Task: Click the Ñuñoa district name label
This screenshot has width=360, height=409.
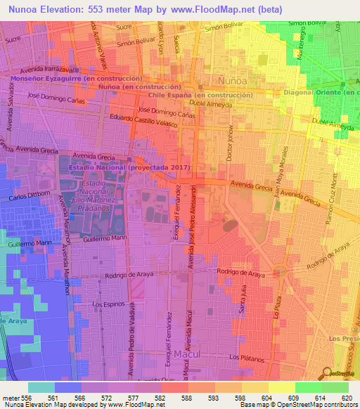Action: point(212,72)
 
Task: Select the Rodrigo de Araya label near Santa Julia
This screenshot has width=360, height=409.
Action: point(239,272)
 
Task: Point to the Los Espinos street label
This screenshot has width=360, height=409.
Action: point(109,304)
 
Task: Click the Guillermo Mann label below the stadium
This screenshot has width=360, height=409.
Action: point(104,239)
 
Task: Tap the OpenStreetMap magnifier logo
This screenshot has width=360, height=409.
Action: point(328,373)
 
